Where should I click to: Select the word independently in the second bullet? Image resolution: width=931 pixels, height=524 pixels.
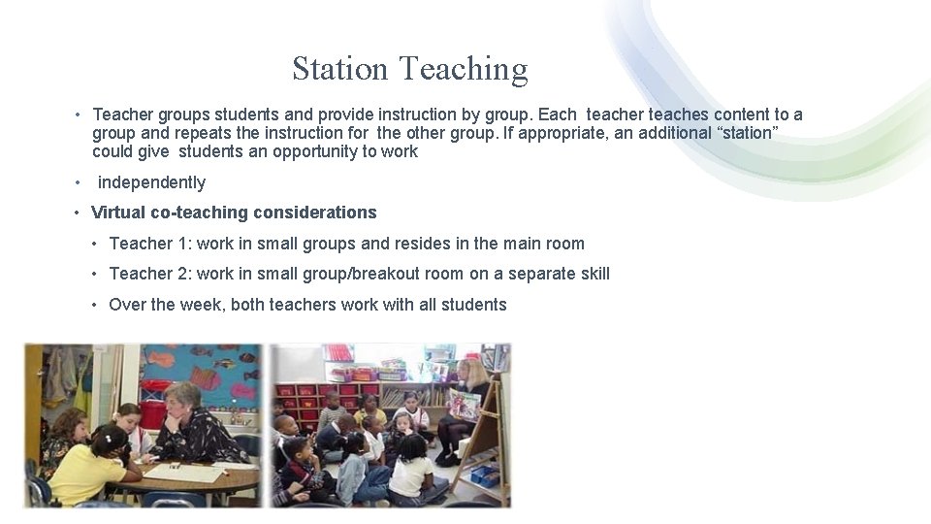tap(151, 182)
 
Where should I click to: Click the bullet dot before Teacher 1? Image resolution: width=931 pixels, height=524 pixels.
tap(95, 245)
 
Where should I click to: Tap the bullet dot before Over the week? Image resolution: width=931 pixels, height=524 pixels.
tap(95, 306)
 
